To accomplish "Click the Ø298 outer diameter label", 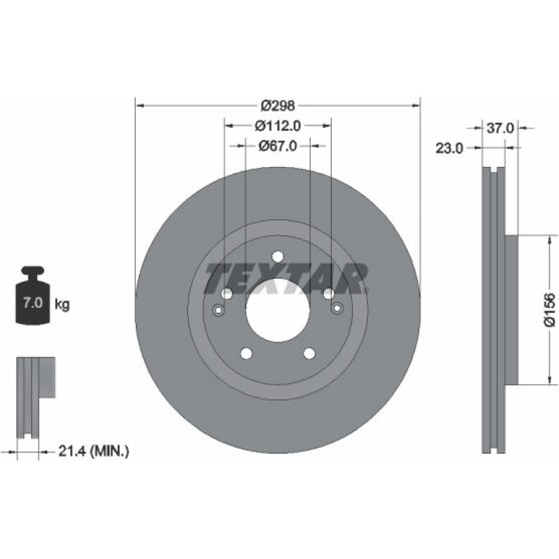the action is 278,106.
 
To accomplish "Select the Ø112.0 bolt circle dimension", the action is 278,126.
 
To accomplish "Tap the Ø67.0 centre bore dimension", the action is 278,146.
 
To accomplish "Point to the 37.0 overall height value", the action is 500,128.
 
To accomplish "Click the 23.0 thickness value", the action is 449,148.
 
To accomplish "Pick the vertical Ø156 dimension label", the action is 550,310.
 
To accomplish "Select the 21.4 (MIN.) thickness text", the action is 94,452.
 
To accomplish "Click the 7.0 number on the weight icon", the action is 33,303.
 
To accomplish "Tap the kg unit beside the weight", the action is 62,305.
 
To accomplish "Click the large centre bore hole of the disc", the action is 278,310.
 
